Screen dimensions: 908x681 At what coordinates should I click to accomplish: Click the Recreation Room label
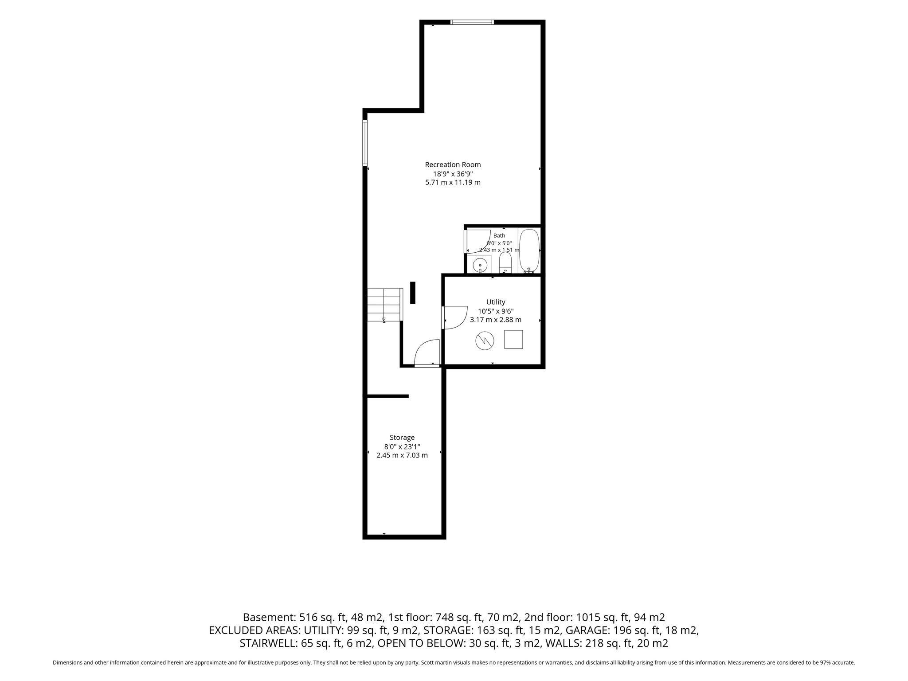click(453, 164)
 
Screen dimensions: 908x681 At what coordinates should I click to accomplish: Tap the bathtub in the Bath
click(529, 250)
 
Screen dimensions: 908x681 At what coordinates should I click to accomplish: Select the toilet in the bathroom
click(505, 263)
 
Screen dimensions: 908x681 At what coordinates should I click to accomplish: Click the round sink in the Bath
click(480, 265)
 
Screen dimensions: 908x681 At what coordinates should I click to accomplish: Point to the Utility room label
click(496, 302)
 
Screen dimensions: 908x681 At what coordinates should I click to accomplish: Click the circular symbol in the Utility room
click(485, 340)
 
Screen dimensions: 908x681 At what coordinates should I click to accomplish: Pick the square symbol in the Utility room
click(513, 340)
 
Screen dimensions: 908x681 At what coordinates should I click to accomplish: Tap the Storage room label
click(402, 438)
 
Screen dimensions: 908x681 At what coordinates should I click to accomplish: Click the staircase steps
click(384, 305)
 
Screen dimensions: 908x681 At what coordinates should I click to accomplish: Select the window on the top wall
click(472, 22)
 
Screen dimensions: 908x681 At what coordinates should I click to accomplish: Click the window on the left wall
click(365, 143)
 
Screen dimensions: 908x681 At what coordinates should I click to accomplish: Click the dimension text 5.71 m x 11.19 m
click(453, 182)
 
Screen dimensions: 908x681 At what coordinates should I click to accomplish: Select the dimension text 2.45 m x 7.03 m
click(402, 455)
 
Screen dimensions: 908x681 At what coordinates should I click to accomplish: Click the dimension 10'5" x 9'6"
click(496, 311)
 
